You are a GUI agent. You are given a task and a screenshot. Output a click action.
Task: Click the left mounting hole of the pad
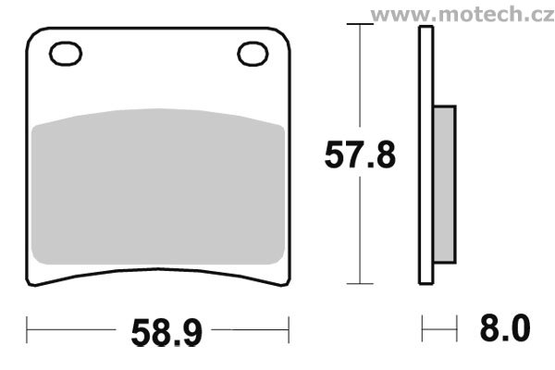pyautogui.click(x=66, y=54)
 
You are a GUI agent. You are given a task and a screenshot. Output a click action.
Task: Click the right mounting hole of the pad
pyautogui.click(x=253, y=54)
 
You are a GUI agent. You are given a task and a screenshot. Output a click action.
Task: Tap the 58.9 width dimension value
pyautogui.click(x=166, y=332)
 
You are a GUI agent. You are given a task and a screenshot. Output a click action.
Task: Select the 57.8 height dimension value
pyautogui.click(x=360, y=154)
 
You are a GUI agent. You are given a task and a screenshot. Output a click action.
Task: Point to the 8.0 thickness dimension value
pyautogui.click(x=505, y=327)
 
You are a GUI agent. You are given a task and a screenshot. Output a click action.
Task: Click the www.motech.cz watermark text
pyautogui.click(x=462, y=15)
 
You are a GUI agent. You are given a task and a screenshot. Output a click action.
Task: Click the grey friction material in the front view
pyautogui.click(x=158, y=187)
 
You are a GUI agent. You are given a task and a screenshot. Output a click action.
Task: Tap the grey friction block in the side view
pyautogui.click(x=445, y=184)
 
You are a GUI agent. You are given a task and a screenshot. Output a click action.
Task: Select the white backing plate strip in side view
pyautogui.click(x=425, y=155)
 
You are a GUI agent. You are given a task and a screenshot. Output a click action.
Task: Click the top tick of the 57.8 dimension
pyautogui.click(x=360, y=24)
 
